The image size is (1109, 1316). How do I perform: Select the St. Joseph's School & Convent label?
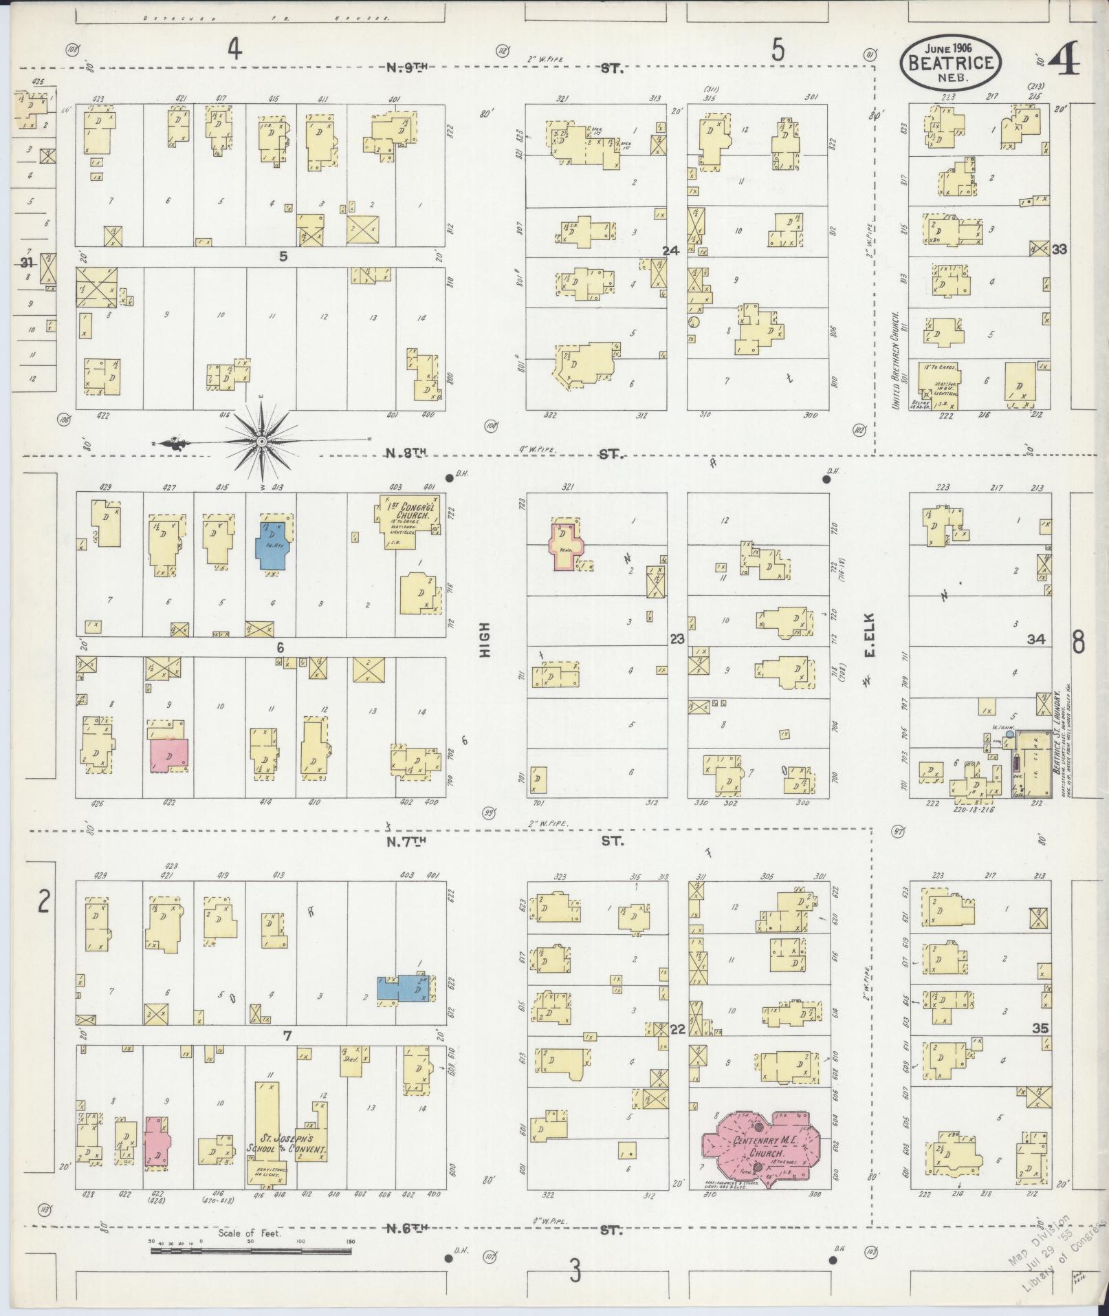click(x=287, y=1143)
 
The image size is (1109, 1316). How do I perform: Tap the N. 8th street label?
click(x=406, y=453)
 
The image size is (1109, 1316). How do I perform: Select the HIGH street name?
click(x=485, y=640)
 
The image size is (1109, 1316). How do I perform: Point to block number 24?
click(x=670, y=251)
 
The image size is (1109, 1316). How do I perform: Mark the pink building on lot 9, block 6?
click(x=169, y=754)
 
